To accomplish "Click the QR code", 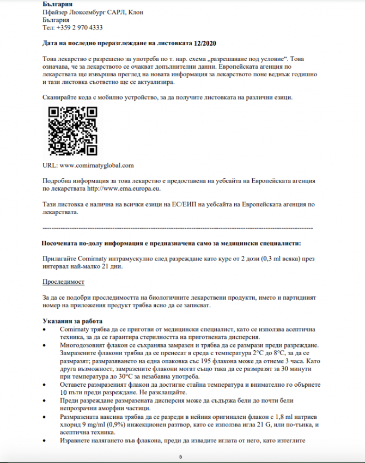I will pyautogui.click(x=73, y=131).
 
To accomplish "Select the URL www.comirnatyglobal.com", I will pyautogui.click(x=96, y=165).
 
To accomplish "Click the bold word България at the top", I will pyautogui.click(x=57, y=4).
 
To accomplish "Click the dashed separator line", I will pyautogui.click(x=178, y=227).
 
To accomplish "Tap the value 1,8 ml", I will pyautogui.click(x=272, y=416).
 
